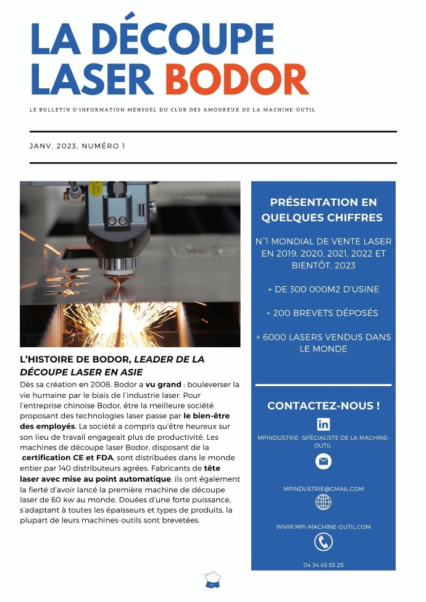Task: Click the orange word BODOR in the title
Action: click(x=236, y=80)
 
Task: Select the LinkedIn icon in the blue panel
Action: click(x=323, y=424)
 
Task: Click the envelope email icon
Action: click(x=323, y=461)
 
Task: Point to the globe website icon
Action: click(x=323, y=502)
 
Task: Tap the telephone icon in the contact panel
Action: click(x=323, y=542)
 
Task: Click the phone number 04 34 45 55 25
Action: click(x=323, y=565)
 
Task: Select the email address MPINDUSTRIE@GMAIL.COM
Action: click(x=323, y=489)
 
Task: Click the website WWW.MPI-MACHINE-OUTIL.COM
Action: click(x=323, y=527)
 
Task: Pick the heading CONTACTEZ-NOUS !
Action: click(x=323, y=406)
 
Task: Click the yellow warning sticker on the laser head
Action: click(x=96, y=188)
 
